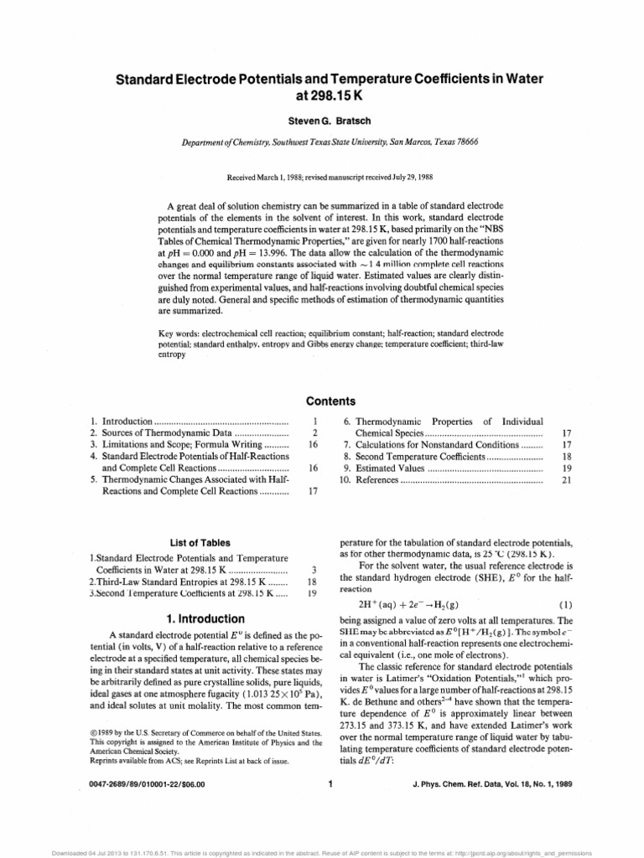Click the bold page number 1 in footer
[x=332, y=784]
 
